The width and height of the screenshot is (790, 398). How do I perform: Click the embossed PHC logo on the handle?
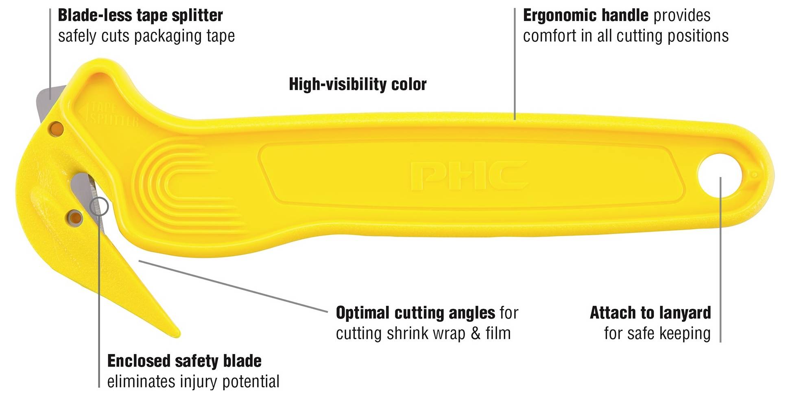click(x=469, y=176)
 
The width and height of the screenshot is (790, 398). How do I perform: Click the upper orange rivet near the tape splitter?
click(x=56, y=129)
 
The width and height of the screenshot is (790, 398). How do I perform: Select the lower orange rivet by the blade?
click(x=75, y=218)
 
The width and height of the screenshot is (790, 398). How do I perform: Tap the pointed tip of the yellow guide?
click(x=177, y=335)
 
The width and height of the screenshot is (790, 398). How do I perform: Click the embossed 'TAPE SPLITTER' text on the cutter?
click(x=109, y=114)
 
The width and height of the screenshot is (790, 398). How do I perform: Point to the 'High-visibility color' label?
click(x=358, y=84)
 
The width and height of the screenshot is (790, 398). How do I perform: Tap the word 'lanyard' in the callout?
click(x=685, y=313)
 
